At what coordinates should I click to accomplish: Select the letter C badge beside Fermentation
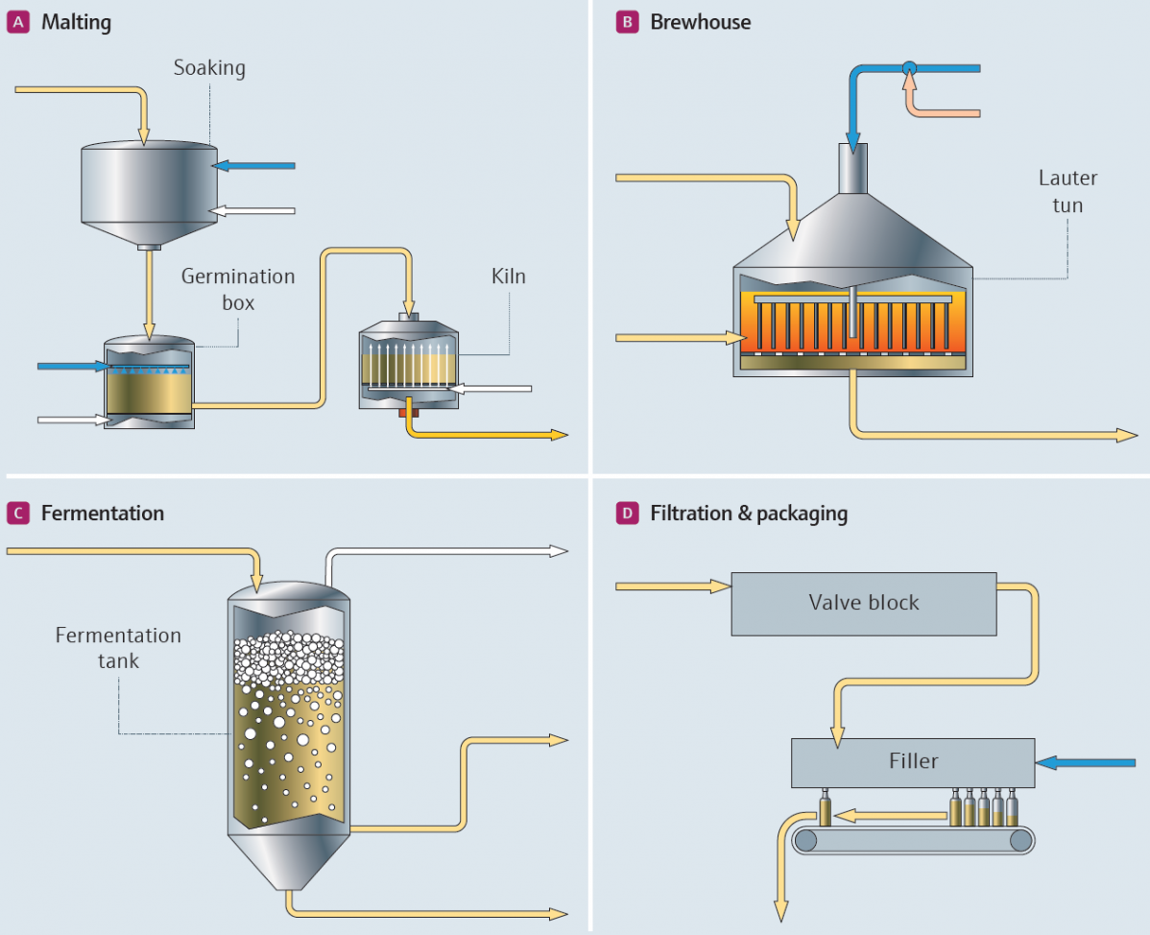pos(16,514)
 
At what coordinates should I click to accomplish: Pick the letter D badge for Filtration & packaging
pos(626,514)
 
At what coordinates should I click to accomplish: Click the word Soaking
pos(209,68)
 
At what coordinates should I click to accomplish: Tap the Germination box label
pos(238,288)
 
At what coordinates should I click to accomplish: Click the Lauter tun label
pos(1067,191)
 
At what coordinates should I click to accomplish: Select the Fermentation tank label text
pos(118,648)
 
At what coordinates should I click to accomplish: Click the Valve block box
pos(863,604)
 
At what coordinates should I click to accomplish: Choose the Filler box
pos(912,762)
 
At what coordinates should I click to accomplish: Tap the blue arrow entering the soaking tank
pos(253,165)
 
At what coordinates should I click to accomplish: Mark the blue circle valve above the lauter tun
pos(909,68)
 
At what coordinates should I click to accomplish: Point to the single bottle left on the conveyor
pos(824,809)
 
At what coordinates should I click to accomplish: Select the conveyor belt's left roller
pos(807,842)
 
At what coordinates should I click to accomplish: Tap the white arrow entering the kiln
pos(491,389)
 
